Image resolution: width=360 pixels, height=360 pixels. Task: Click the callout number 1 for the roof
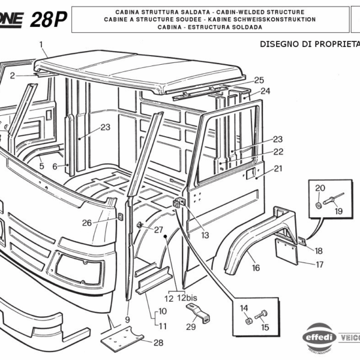click(41, 44)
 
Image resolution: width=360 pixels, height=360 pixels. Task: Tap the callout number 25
click(259, 80)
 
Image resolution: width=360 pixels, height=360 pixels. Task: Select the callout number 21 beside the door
click(277, 169)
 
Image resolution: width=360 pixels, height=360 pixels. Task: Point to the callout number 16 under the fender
click(256, 268)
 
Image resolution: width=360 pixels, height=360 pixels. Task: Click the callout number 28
click(158, 343)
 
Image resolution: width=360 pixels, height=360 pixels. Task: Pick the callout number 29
click(191, 327)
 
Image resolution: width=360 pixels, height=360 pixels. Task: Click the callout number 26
click(88, 223)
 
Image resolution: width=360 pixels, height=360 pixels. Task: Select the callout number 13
click(205, 235)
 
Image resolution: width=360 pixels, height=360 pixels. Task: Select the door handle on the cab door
click(247, 175)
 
